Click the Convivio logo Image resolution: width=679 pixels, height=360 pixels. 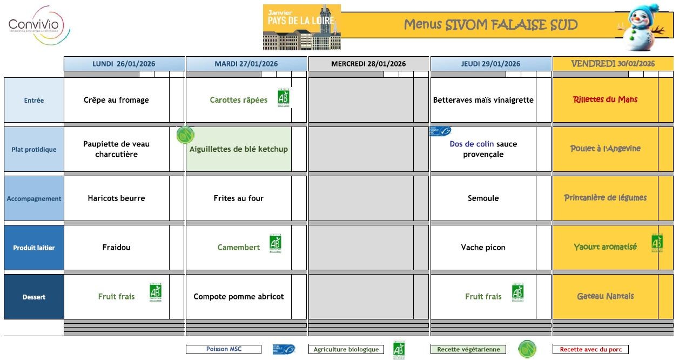(x=36, y=25)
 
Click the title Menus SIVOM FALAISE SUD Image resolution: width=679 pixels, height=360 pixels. (x=490, y=25)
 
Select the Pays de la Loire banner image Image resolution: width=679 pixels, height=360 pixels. (x=301, y=27)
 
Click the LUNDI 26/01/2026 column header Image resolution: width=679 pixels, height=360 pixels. (x=124, y=64)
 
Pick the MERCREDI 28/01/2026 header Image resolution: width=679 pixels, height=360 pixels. (x=368, y=64)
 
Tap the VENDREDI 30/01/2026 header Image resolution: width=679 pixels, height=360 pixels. (x=613, y=64)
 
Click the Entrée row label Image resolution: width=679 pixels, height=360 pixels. (x=34, y=101)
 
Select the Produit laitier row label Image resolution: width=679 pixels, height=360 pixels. (x=34, y=248)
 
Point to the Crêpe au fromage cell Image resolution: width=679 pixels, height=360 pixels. (x=116, y=100)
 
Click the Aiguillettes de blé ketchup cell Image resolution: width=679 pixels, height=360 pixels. (x=239, y=149)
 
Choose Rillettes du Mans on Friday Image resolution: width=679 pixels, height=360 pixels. (x=605, y=99)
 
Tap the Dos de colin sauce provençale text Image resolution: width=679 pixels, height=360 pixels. (x=483, y=149)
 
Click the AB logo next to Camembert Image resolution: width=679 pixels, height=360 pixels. (x=275, y=244)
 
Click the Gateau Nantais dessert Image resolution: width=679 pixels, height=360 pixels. (x=605, y=296)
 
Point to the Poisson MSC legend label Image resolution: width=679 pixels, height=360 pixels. (x=224, y=349)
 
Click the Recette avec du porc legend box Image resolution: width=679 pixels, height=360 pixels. (x=590, y=350)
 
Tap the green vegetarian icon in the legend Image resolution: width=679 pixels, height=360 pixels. (x=527, y=349)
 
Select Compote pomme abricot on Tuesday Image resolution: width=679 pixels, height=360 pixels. (x=239, y=297)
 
